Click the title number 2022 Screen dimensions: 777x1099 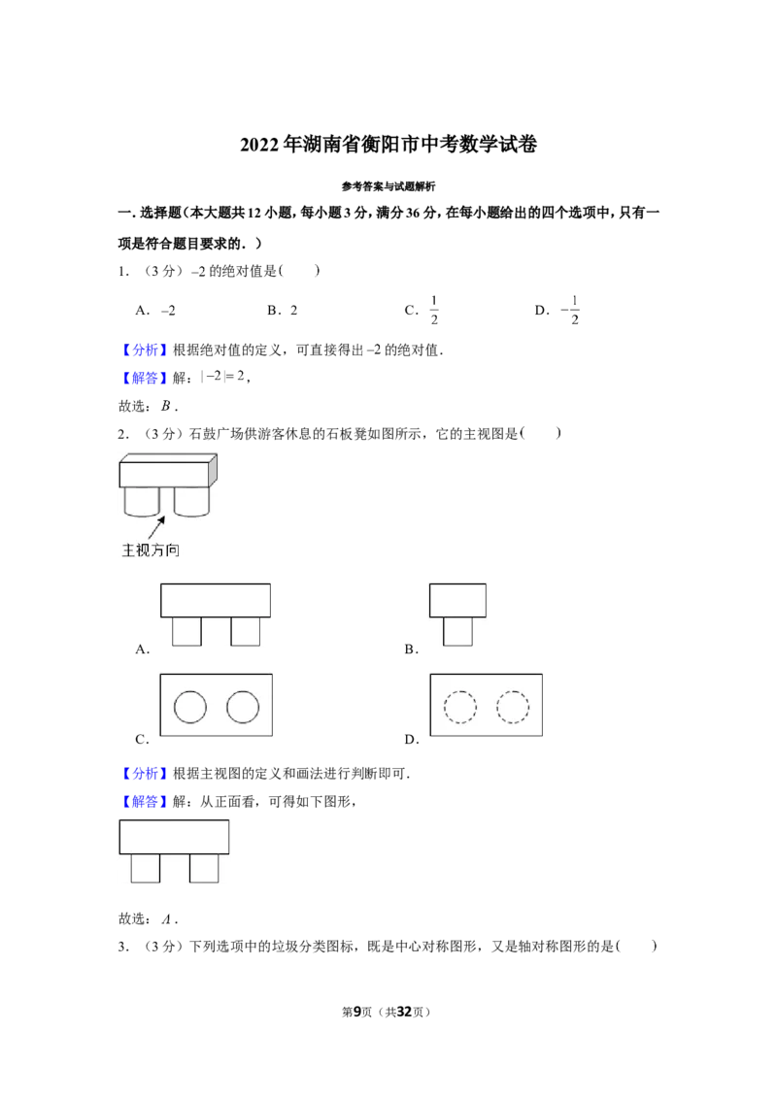(x=259, y=145)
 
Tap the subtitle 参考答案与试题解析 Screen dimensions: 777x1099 (x=388, y=186)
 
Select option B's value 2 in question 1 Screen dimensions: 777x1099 (x=294, y=311)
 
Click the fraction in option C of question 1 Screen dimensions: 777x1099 (x=434, y=310)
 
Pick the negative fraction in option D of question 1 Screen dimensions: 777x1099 (x=570, y=310)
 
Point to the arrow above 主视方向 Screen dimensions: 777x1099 (x=155, y=528)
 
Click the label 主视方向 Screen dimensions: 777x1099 (x=151, y=550)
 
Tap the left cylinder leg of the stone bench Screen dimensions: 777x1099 (x=142, y=502)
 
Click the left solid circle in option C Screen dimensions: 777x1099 (x=190, y=707)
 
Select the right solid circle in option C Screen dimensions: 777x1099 (x=243, y=707)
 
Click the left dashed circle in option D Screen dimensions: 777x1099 (x=460, y=707)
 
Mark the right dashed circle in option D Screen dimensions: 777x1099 (x=513, y=707)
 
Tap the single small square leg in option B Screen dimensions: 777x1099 (x=457, y=631)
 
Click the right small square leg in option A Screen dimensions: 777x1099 (x=246, y=631)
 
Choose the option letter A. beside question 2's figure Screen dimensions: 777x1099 (x=143, y=649)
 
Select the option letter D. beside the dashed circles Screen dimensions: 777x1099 (x=412, y=740)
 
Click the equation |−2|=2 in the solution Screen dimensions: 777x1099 (x=222, y=377)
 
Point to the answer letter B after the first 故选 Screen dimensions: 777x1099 (x=166, y=406)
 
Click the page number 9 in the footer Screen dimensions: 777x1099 (x=357, y=1012)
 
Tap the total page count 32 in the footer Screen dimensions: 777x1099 (x=404, y=1012)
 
